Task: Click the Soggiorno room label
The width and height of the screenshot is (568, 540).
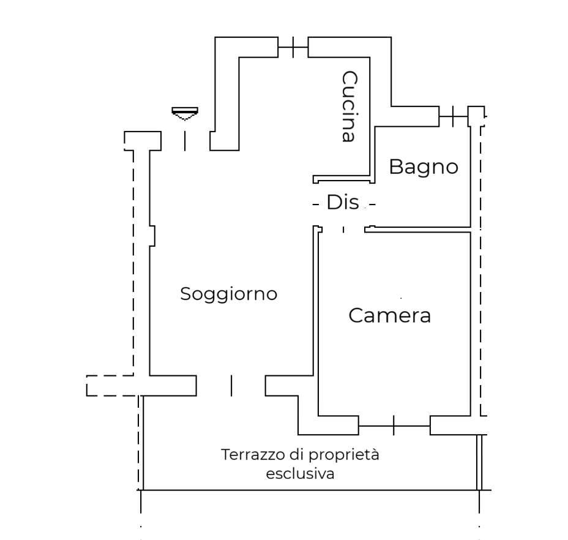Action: pos(228,294)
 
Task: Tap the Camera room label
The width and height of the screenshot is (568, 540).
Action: pos(390,315)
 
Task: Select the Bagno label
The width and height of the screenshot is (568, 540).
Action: pos(424,167)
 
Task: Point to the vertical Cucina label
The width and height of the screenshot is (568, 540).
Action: pos(349,106)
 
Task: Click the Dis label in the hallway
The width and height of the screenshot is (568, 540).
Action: pos(343,202)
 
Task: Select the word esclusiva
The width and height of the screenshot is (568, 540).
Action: pos(300,474)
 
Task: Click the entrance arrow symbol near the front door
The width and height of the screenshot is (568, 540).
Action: pos(185,113)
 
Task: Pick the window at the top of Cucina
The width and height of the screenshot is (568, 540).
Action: pos(293,47)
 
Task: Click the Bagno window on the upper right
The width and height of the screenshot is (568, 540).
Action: pos(453,116)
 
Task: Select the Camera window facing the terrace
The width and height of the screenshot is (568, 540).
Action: pos(394,426)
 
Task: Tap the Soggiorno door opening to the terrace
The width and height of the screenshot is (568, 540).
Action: pos(231,386)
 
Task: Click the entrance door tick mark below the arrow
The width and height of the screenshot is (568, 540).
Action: pos(185,141)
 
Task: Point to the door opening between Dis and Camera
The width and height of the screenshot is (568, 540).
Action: pos(343,230)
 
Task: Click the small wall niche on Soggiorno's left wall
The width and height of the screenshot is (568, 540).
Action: pos(152,236)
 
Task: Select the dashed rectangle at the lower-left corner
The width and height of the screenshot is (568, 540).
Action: pos(110,386)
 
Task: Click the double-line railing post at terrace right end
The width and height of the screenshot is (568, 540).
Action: pos(479,462)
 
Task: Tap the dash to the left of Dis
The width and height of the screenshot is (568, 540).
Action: pos(315,204)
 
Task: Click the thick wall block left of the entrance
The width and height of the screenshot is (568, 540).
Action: pos(143,141)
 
